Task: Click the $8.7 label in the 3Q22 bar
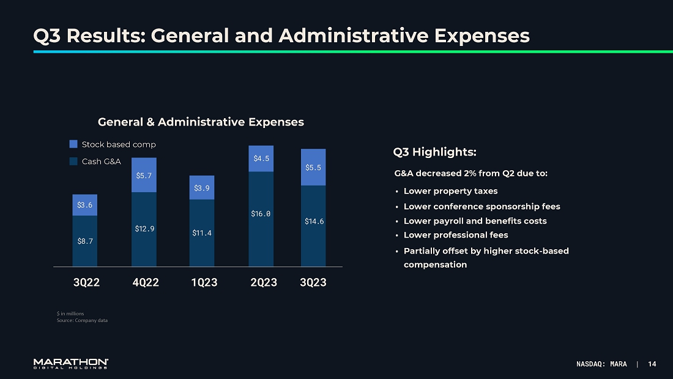pos(85,241)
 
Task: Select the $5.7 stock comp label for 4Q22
pos(144,176)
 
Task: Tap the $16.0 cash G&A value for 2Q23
pos(261,214)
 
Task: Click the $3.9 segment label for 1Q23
pos(202,188)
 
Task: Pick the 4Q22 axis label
pos(146,282)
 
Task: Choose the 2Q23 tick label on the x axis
pos(264,282)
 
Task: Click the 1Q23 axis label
pos(204,282)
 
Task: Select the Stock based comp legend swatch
pos(73,144)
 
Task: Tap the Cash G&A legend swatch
pos(73,162)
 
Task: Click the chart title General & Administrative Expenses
pos(201,122)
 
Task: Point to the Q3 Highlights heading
pos(434,152)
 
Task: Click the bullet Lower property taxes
pos(450,191)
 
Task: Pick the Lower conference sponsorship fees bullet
pos(482,206)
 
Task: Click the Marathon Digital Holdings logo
pos(71,364)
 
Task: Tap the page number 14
pos(652,364)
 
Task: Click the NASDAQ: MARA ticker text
pos(601,364)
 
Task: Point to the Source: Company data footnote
pos(82,320)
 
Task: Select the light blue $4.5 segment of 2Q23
pos(261,159)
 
